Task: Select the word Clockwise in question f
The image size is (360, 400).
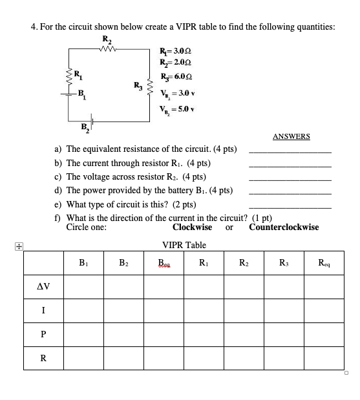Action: [192, 227]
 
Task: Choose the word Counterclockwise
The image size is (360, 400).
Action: [284, 227]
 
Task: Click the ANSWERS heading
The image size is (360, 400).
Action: [291, 136]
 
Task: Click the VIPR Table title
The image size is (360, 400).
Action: [184, 245]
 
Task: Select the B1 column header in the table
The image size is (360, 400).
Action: [83, 262]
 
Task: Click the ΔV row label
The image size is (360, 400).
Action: [43, 286]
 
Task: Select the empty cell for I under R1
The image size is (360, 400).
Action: [204, 310]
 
